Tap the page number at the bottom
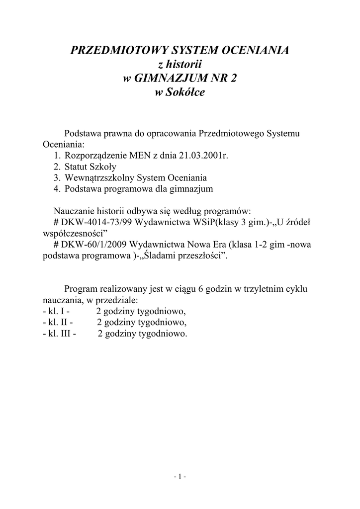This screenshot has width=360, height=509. (x=180, y=477)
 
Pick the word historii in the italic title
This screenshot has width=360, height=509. (x=184, y=65)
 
